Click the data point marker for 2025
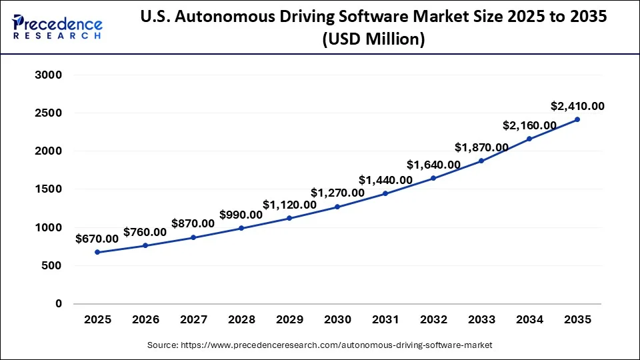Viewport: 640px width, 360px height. pyautogui.click(x=97, y=252)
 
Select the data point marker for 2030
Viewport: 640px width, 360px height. pyautogui.click(x=337, y=207)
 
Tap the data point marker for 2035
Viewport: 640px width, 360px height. pyautogui.click(x=577, y=119)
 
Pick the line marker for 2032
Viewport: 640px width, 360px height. pyautogui.click(x=433, y=178)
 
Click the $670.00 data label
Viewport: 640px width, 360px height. pyautogui.click(x=97, y=238)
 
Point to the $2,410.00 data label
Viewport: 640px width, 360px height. pyautogui.click(x=577, y=106)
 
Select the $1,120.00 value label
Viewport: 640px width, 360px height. pyautogui.click(x=289, y=205)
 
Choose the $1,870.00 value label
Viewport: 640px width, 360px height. pyautogui.click(x=481, y=147)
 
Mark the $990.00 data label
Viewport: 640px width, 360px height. pyautogui.click(x=241, y=215)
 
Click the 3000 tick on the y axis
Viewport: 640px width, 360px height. pyautogui.click(x=48, y=75)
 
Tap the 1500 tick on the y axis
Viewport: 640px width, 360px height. pyautogui.click(x=48, y=189)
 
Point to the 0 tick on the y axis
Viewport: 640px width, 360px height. pyautogui.click(x=58, y=304)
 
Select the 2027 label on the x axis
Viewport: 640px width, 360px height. pyautogui.click(x=193, y=320)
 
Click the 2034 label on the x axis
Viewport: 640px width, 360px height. pyautogui.click(x=529, y=320)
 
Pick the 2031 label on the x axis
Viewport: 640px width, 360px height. pyautogui.click(x=385, y=320)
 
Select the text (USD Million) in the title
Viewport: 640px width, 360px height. pyautogui.click(x=373, y=40)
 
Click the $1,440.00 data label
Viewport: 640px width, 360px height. pyautogui.click(x=385, y=179)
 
